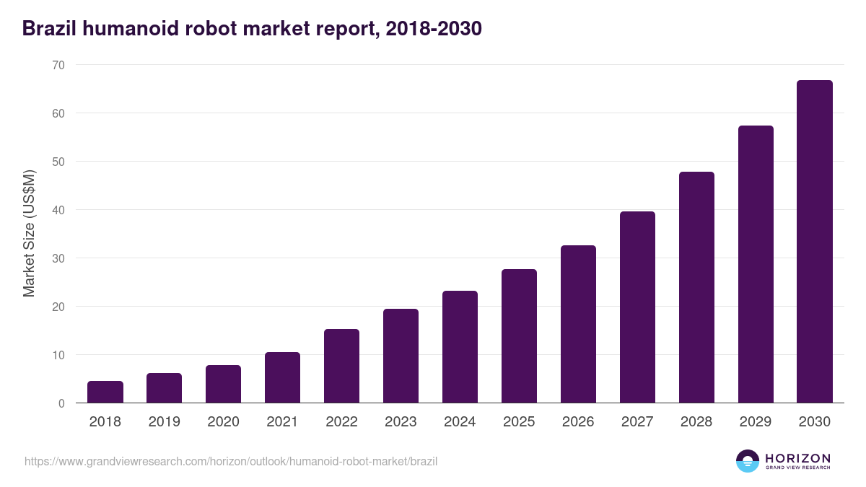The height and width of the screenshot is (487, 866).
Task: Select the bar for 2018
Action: (x=105, y=392)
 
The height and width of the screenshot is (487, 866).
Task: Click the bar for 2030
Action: (x=814, y=242)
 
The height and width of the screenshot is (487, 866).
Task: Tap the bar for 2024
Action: (x=460, y=347)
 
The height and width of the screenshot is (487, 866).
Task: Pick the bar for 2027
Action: (x=637, y=307)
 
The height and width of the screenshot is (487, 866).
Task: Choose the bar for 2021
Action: (x=282, y=377)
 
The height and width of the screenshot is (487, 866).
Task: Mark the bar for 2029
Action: (x=756, y=264)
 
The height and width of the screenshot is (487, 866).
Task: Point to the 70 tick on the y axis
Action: (x=58, y=65)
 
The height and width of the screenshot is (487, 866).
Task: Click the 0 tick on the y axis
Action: (x=61, y=403)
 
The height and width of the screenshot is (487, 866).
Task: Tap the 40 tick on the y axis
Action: (x=58, y=210)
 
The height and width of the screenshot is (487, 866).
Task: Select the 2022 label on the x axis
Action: (x=341, y=422)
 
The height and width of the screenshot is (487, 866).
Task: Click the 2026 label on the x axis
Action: (x=578, y=422)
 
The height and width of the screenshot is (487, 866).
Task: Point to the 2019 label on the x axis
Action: (x=165, y=422)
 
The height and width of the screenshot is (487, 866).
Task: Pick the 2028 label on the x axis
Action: (x=696, y=422)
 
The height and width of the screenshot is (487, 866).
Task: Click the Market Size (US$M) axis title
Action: (x=29, y=234)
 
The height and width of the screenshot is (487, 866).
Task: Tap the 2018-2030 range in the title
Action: (x=434, y=29)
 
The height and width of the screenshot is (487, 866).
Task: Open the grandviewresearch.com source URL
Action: (x=231, y=461)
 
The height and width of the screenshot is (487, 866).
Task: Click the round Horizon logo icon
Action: (x=748, y=461)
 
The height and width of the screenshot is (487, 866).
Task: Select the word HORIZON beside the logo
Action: (x=797, y=457)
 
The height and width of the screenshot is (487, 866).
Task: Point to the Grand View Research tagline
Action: (x=797, y=468)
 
